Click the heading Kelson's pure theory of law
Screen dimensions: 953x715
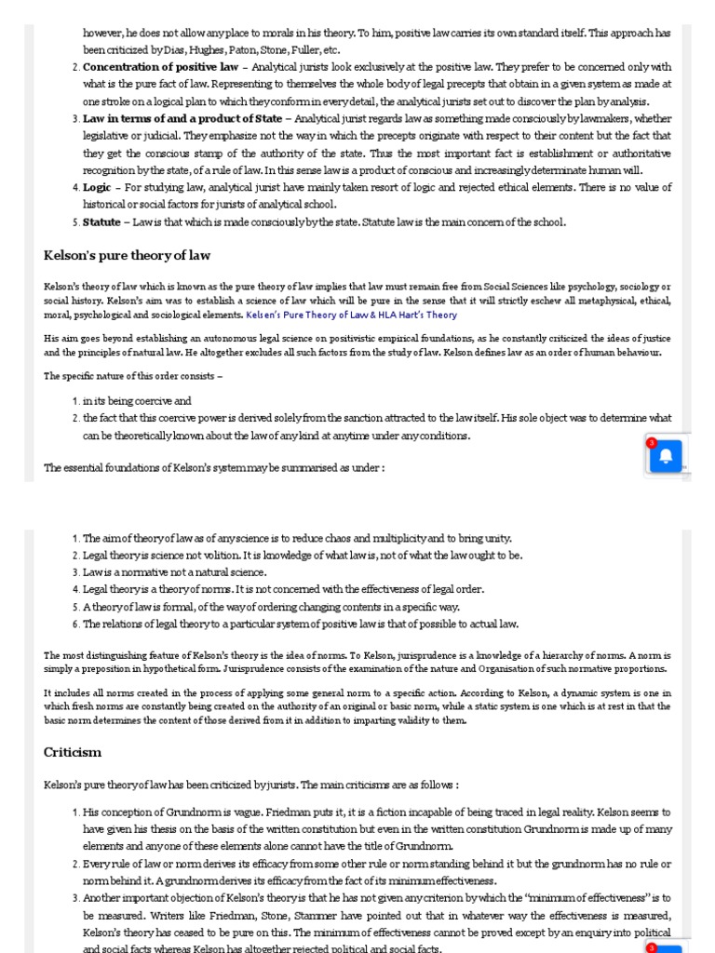pyautogui.click(x=127, y=255)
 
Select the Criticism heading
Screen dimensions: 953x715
pyautogui.click(x=73, y=752)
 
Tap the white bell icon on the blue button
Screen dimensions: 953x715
pyautogui.click(x=666, y=457)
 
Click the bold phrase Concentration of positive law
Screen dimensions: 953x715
pyautogui.click(x=160, y=68)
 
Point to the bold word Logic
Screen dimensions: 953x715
pyautogui.click(x=97, y=188)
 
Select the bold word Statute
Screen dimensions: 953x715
pyautogui.click(x=101, y=222)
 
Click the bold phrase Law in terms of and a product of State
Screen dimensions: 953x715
pyautogui.click(x=182, y=119)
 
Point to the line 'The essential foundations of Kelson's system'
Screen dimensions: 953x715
pyautogui.click(x=214, y=467)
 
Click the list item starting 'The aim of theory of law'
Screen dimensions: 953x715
pyautogui.click(x=297, y=539)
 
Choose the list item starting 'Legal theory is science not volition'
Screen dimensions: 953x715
pyautogui.click(x=303, y=556)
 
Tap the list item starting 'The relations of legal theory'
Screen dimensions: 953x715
pyautogui.click(x=301, y=624)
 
